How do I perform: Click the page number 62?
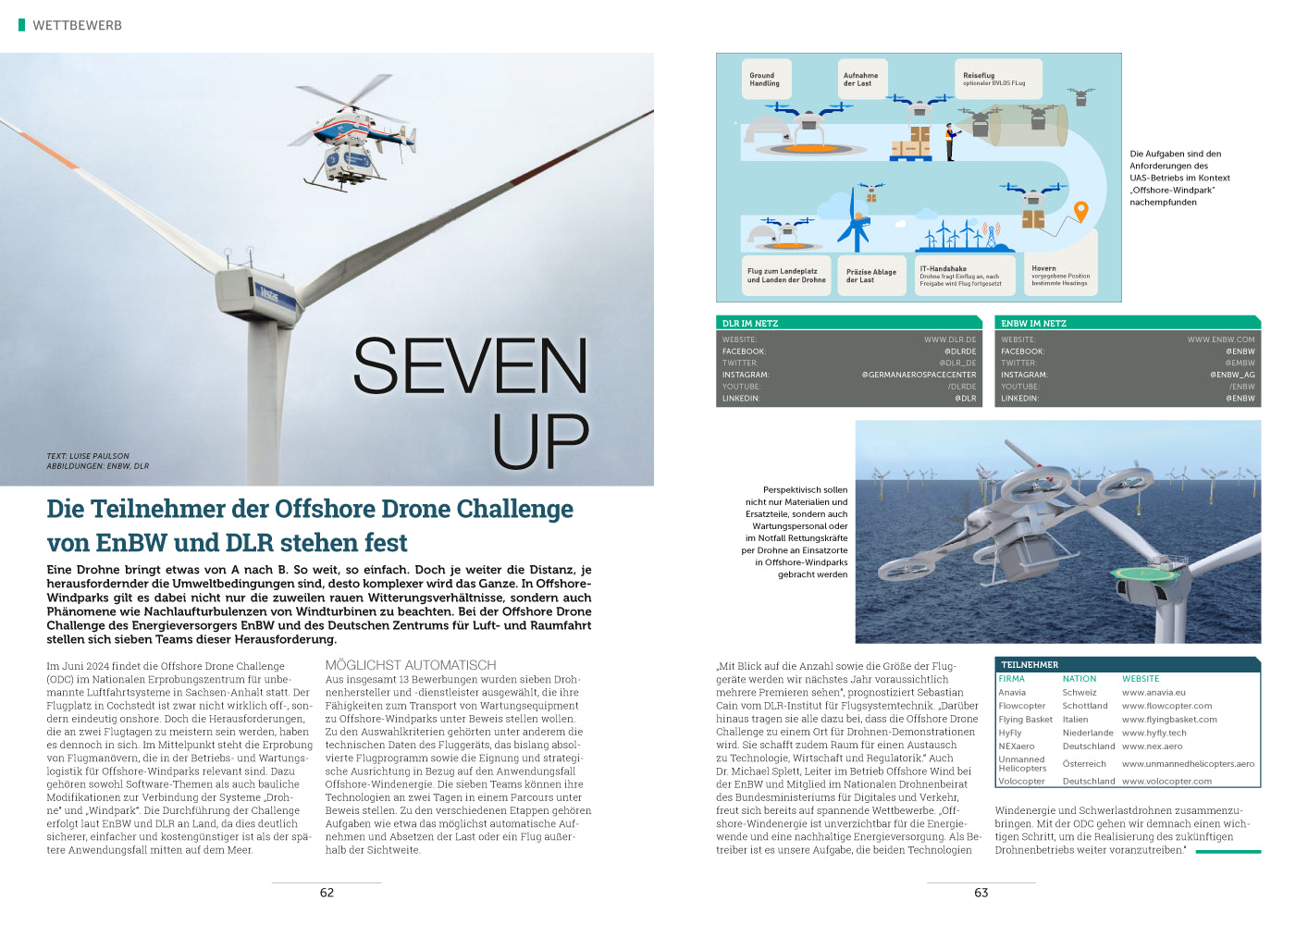pyautogui.click(x=327, y=893)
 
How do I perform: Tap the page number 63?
pyautogui.click(x=981, y=893)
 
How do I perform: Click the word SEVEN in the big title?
pyautogui.click(x=470, y=367)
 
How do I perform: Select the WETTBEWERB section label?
pyautogui.click(x=77, y=26)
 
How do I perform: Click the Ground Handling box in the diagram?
pyautogui.click(x=765, y=80)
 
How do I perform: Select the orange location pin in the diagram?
pyautogui.click(x=1080, y=212)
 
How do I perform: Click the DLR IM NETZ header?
pyautogui.click(x=750, y=324)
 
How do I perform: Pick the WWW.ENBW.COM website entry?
pyautogui.click(x=1221, y=339)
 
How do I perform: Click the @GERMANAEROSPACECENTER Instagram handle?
pyautogui.click(x=919, y=375)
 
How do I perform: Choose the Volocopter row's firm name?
pyautogui.click(x=1021, y=781)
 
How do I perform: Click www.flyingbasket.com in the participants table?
pyautogui.click(x=1169, y=720)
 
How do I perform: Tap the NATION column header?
pyautogui.click(x=1080, y=679)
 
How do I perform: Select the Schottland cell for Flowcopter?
pyautogui.click(x=1085, y=706)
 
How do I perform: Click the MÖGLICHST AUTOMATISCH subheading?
pyautogui.click(x=411, y=665)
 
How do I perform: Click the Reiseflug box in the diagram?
pyautogui.click(x=997, y=79)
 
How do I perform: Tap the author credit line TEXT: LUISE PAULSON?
pyautogui.click(x=88, y=456)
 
